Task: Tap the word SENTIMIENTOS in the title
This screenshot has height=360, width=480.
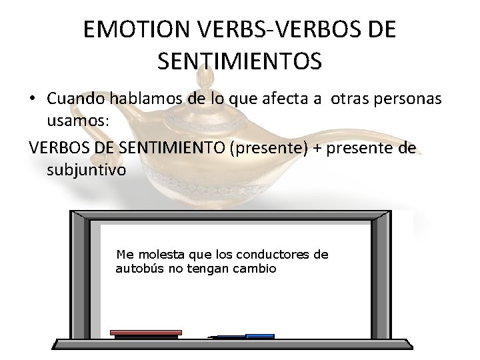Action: coord(240,61)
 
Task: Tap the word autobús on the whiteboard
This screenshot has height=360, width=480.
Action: coord(137,269)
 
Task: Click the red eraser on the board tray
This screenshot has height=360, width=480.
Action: coord(145,332)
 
